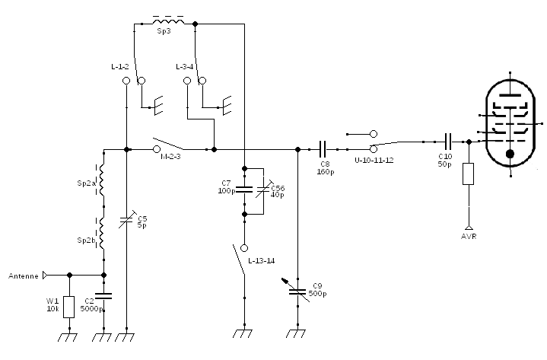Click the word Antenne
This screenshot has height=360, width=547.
[23, 276]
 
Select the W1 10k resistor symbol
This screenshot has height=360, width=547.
[69, 306]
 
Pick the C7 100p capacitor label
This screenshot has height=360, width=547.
[226, 187]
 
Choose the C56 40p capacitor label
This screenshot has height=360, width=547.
[278, 191]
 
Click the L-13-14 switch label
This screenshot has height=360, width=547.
[262, 260]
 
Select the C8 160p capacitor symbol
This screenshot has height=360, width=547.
[323, 149]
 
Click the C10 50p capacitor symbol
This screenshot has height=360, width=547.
[448, 141]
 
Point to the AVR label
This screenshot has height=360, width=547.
[469, 236]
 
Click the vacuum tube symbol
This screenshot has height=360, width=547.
[510, 122]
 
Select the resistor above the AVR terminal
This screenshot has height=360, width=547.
[469, 174]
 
